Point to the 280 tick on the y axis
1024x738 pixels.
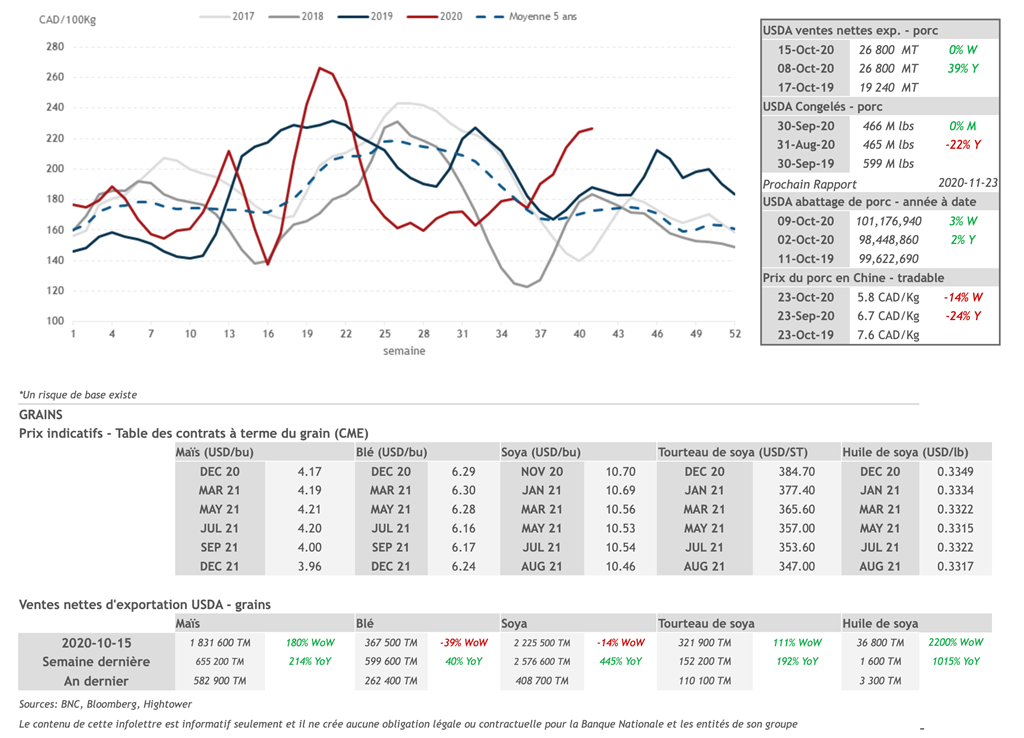pyautogui.click(x=55, y=47)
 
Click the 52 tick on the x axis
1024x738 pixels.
pyautogui.click(x=735, y=334)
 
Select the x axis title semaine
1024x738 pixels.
pyautogui.click(x=403, y=351)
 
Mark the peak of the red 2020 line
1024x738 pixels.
pyautogui.click(x=319, y=68)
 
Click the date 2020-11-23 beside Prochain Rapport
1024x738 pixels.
pyautogui.click(x=968, y=184)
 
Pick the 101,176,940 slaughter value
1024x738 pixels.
pyautogui.click(x=890, y=221)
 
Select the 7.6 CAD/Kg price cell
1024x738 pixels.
pyautogui.click(x=888, y=335)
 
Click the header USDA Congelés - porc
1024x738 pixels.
pyautogui.click(x=823, y=107)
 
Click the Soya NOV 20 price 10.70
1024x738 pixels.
pyautogui.click(x=620, y=471)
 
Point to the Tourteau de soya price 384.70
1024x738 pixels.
pyautogui.click(x=796, y=471)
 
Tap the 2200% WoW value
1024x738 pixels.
pyautogui.click(x=955, y=642)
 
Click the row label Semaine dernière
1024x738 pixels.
pyautogui.click(x=96, y=661)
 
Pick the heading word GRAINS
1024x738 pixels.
pyautogui.click(x=41, y=414)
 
